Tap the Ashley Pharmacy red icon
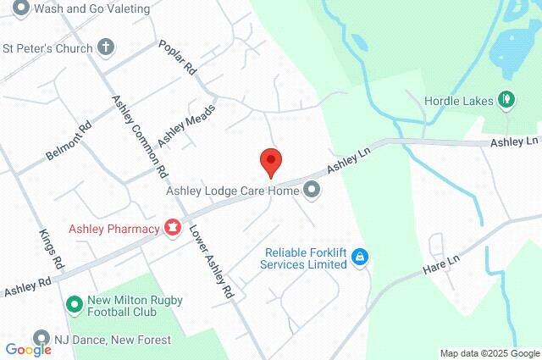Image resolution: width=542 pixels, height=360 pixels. click(x=173, y=228)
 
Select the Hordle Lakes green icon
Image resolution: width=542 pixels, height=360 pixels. click(x=506, y=99)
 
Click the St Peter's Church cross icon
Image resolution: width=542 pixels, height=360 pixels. click(x=106, y=47)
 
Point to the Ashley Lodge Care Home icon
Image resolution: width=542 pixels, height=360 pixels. click(x=312, y=191)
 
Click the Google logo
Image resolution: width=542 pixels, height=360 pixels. click(x=28, y=350)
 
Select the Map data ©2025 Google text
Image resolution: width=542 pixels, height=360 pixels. click(x=489, y=353)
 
